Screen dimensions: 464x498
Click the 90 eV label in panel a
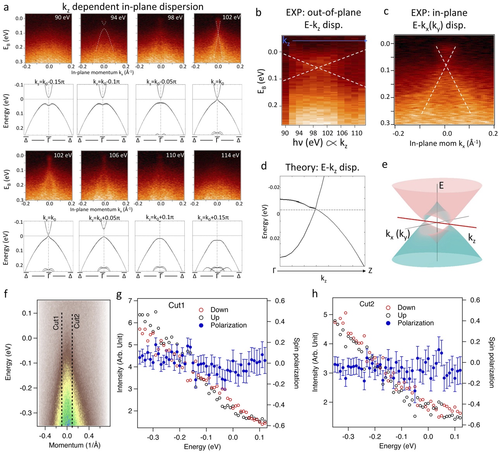pos(63,17)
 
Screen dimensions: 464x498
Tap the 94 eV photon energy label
pos(118,17)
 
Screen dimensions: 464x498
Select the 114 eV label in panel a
pos(230,155)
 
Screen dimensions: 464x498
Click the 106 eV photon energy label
pos(118,155)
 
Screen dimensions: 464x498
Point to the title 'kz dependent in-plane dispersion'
pos(133,7)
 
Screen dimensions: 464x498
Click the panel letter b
pos(258,12)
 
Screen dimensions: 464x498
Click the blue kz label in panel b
pos(286,41)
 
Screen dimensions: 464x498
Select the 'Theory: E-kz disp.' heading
pos(322,167)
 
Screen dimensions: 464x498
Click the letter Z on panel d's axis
pos(370,271)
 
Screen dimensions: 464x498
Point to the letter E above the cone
pos(441,186)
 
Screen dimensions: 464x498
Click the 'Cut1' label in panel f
pos(57,322)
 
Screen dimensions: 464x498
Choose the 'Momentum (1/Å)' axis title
pos(74,445)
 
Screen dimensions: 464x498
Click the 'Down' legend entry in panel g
pos(219,310)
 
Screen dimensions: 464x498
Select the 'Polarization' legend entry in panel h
pos(416,323)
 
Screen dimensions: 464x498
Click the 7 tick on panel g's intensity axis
pos(130,301)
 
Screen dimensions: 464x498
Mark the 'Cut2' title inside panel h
pos(367,304)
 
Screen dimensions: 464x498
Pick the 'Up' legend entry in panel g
pos(215,317)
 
